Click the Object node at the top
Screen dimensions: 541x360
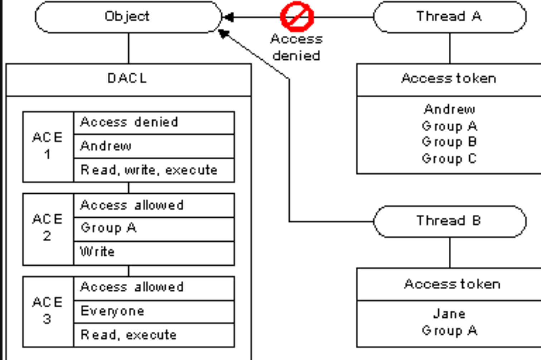(128, 17)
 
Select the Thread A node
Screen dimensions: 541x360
(450, 17)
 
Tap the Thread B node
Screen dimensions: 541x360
(450, 221)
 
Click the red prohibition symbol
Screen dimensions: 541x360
(297, 16)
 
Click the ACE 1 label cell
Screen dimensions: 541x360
(48, 147)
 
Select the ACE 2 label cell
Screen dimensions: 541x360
(48, 229)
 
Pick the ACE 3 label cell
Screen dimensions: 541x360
(48, 312)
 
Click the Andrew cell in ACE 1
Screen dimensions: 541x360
(154, 146)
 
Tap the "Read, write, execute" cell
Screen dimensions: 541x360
(154, 170)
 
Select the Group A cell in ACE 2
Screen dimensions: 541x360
(154, 229)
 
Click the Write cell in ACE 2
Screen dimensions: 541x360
(154, 253)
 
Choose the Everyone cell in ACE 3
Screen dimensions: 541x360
(154, 312)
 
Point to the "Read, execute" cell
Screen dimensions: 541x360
(154, 335)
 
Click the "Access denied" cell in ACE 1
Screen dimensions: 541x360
(154, 123)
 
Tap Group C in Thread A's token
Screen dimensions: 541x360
(449, 159)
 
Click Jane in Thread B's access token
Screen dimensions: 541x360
(449, 314)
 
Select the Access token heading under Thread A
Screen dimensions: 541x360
(449, 78)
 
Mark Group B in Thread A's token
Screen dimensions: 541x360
(449, 142)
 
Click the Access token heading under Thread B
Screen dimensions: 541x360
(452, 284)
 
